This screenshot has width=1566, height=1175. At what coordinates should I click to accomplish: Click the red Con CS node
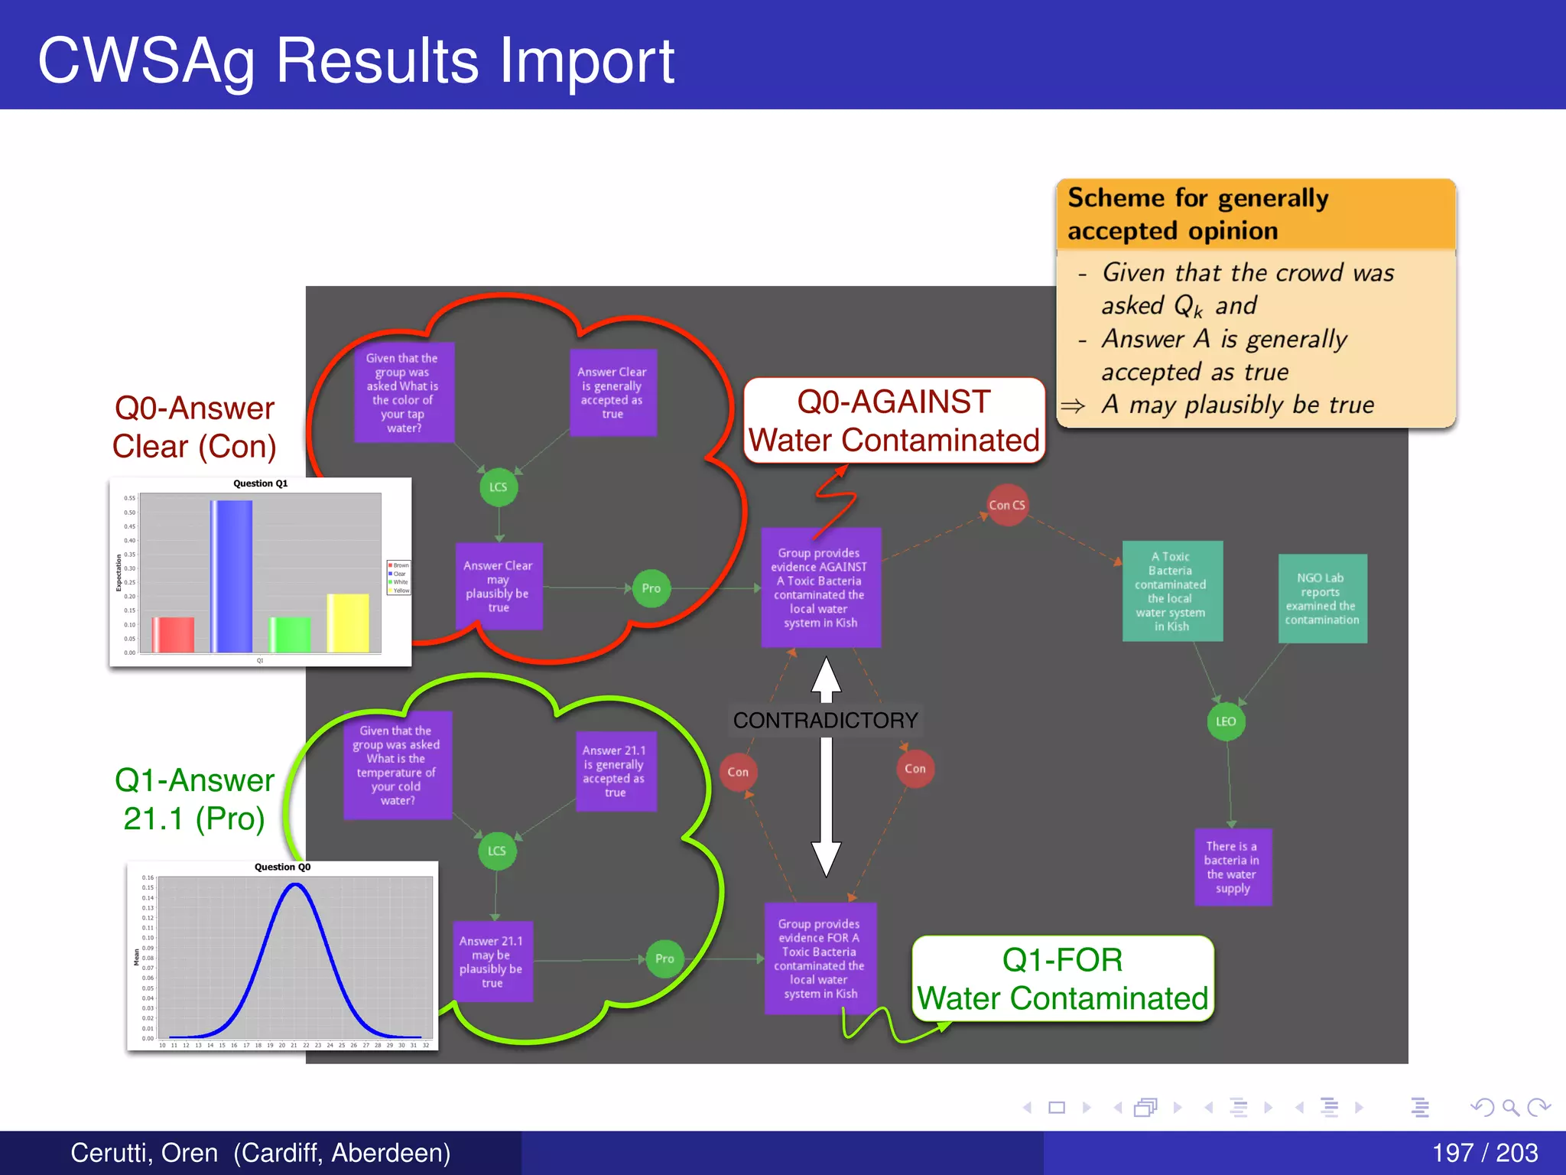pos(1007,505)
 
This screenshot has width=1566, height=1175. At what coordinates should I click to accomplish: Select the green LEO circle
pos(1226,721)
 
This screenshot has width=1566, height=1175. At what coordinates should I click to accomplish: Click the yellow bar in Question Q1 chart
pos(348,623)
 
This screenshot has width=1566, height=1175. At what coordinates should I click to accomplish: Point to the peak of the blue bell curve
pos(296,885)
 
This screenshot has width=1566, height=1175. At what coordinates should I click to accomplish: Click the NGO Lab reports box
pos(1322,598)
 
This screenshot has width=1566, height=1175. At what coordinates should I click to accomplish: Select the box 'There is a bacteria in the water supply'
pos(1233,867)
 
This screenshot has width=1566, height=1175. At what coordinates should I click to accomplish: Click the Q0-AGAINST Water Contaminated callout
pos(894,421)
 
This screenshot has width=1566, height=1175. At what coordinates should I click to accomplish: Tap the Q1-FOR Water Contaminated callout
pos(1062,978)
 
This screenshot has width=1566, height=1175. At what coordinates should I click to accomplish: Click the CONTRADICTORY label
pos(825,720)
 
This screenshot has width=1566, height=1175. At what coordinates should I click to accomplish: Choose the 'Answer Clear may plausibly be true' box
pos(499,586)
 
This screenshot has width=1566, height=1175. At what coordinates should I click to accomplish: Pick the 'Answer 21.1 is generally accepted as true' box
pos(615,771)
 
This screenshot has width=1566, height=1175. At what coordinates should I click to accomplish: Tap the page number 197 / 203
pos(1484,1152)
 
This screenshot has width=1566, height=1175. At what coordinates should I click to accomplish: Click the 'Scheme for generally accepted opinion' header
pos(1255,214)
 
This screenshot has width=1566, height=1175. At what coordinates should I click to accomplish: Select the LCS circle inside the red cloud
pos(499,487)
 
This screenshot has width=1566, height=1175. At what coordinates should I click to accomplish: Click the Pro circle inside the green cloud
pos(664,959)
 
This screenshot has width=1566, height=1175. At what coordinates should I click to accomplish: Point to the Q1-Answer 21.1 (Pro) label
pos(194,799)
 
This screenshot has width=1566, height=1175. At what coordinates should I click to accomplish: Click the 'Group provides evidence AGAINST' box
pos(820,587)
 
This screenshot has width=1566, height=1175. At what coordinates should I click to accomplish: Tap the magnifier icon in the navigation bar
pos(1510,1107)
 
